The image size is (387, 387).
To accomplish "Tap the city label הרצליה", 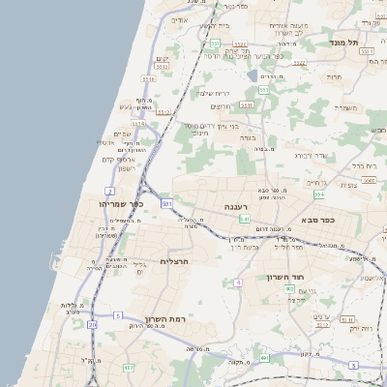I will click(x=173, y=261).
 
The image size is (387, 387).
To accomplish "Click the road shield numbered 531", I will click(x=167, y=205).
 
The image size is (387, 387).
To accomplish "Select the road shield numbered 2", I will click(x=110, y=193).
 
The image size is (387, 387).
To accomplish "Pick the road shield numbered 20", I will click(x=93, y=325).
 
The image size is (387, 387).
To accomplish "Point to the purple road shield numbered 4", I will click(x=237, y=283).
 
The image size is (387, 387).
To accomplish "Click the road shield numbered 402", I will click(x=289, y=289).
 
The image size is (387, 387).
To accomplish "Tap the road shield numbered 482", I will click(x=129, y=368).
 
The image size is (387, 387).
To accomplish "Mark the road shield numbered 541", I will click(x=245, y=220).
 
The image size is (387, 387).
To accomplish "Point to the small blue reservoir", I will click(x=253, y=75).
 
